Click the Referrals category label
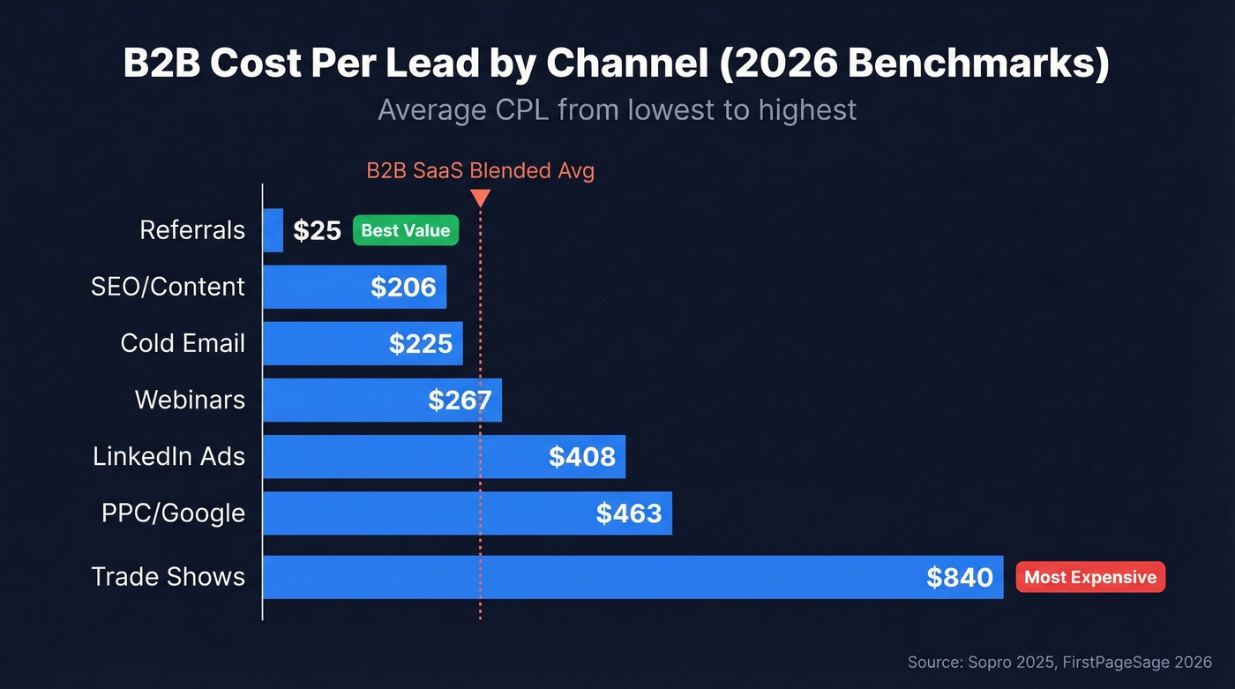pos(192,230)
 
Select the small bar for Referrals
pos(273,230)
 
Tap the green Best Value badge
pos(406,230)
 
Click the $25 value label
pos(317,230)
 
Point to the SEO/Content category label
pos(168,287)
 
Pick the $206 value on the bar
pos(403,287)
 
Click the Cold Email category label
pos(183,343)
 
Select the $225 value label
pos(420,343)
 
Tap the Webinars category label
pos(190,400)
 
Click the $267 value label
pos(460,401)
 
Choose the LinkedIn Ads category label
pos(168,456)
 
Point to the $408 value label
pos(581,456)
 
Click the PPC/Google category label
pos(173,513)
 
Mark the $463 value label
pos(628,513)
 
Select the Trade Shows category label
pos(168,577)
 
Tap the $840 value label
pos(960,578)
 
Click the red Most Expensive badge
pos(1090,578)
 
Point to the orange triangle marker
pos(480,198)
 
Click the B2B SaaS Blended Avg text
pos(480,170)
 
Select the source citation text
pos(1059,662)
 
